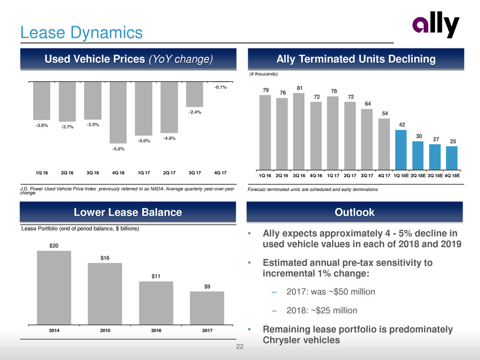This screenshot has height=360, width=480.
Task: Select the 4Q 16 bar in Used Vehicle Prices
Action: point(118,112)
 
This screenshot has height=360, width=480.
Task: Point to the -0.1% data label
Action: point(220,87)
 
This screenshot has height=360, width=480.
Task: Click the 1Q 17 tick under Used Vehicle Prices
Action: point(143,172)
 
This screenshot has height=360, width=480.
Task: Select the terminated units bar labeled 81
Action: point(299,131)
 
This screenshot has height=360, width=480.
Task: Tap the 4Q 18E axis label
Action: point(452,175)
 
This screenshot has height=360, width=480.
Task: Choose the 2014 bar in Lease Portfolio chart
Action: point(54,287)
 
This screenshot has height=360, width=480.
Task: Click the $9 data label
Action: point(207,286)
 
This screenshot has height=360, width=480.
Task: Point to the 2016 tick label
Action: point(156,331)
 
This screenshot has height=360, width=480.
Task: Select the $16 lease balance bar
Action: point(105,294)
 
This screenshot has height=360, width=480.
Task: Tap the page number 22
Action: point(240,348)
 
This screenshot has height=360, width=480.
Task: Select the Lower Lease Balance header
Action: point(121,212)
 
